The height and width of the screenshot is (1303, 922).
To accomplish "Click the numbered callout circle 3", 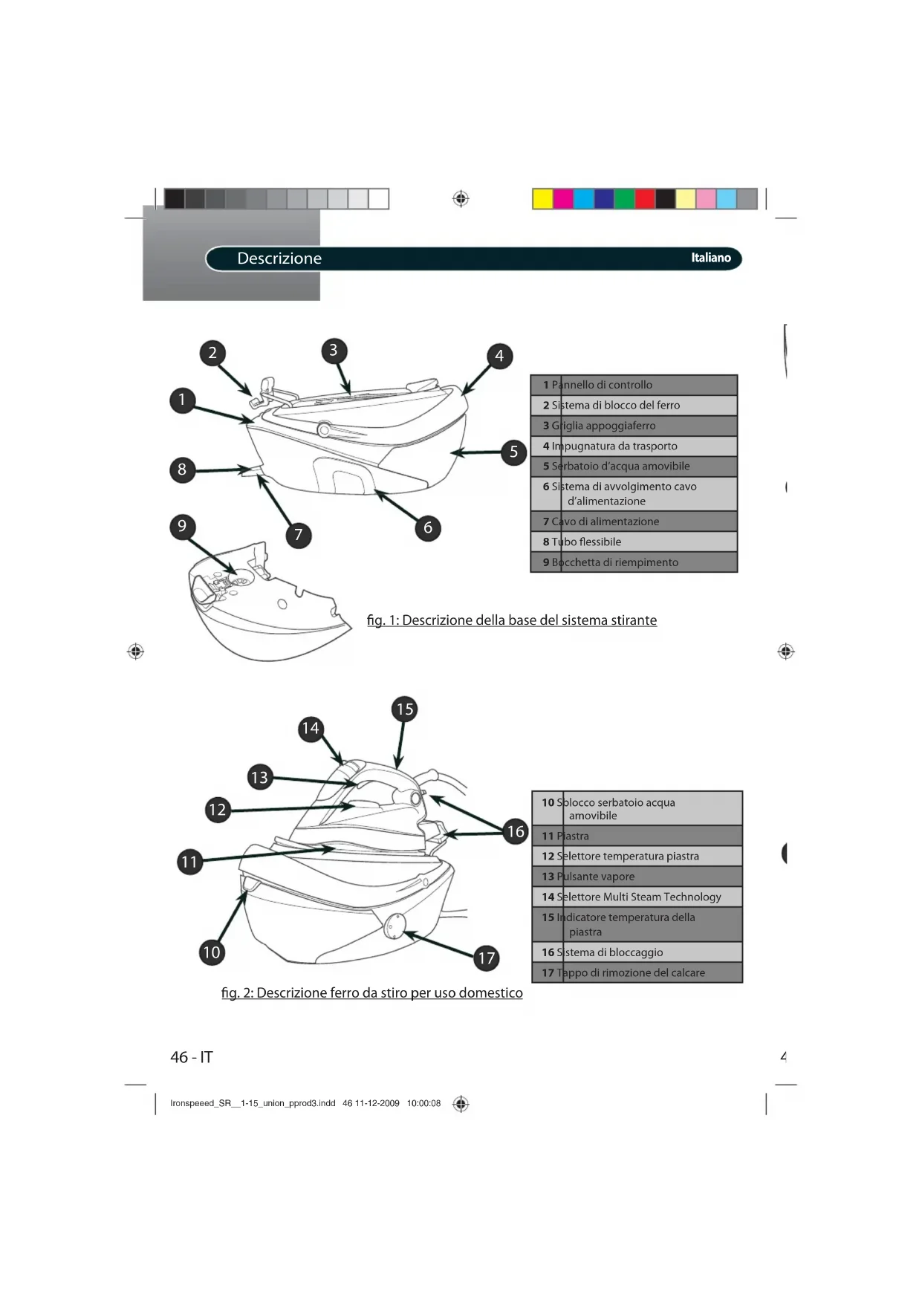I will click(334, 351).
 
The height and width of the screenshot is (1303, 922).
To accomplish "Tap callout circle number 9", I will click(182, 527).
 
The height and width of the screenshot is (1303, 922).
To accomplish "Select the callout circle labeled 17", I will click(487, 958).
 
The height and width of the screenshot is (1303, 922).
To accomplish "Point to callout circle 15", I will click(405, 709).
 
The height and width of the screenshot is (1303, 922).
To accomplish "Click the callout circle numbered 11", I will click(190, 862).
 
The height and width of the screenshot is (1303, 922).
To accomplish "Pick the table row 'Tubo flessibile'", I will click(634, 542).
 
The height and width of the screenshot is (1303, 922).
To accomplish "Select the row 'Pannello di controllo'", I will click(634, 385).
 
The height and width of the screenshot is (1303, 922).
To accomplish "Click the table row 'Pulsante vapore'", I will click(637, 877).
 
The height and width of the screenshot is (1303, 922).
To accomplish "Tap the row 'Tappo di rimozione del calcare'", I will click(637, 972).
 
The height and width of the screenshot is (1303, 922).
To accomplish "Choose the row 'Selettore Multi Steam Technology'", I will click(637, 897).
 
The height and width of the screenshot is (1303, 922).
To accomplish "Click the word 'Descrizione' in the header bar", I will click(279, 259).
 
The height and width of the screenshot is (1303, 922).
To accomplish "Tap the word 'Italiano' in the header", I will click(711, 258).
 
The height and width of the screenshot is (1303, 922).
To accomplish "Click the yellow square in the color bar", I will click(543, 199).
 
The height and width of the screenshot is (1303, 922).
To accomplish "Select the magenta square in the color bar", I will click(563, 199).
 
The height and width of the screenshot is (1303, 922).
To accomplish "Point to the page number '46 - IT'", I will click(192, 1057).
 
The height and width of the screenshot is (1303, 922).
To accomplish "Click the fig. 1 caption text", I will click(512, 620).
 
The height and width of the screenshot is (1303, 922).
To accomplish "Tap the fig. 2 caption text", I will click(371, 993).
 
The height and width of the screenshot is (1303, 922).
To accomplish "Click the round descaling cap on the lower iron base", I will click(395, 926).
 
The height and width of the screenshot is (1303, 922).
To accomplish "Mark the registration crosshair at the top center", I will click(461, 199).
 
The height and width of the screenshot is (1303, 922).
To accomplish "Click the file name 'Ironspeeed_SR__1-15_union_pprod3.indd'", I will click(253, 1103).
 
